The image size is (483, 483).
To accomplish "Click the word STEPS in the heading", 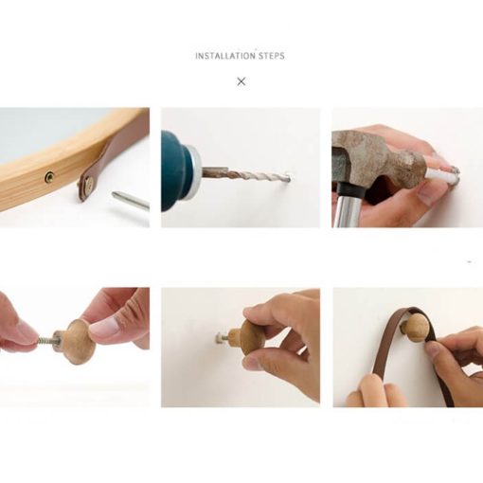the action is (272, 56).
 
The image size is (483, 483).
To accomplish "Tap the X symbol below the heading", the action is (241, 81).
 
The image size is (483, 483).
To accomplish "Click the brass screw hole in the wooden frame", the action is (49, 176).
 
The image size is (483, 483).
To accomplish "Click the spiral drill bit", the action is (246, 174).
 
